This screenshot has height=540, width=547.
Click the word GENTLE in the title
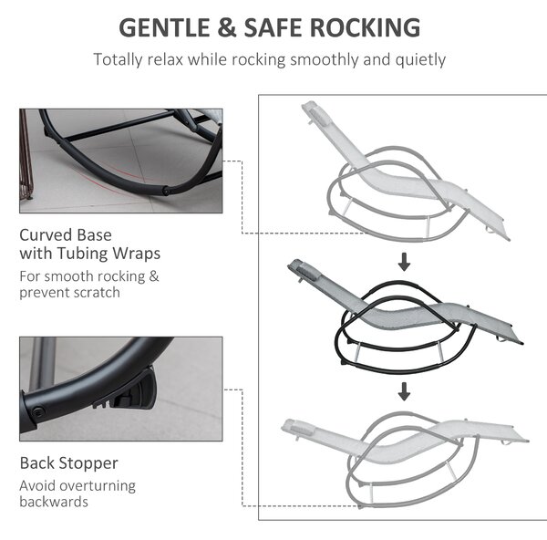pos(164,27)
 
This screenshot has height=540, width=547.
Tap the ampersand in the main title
pos(227,27)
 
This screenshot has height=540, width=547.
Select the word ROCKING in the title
pos(365,27)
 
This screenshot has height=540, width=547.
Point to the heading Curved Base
pos(66,235)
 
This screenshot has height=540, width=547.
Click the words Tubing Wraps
pos(108,254)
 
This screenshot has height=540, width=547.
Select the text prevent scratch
pos(70,293)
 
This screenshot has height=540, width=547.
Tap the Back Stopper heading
pos(69,463)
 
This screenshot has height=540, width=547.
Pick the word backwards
pos(54,502)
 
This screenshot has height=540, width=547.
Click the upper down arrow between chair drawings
pos(404,262)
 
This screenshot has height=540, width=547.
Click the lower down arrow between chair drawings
pos(404,391)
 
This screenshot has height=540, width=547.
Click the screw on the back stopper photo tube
pos(38,410)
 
